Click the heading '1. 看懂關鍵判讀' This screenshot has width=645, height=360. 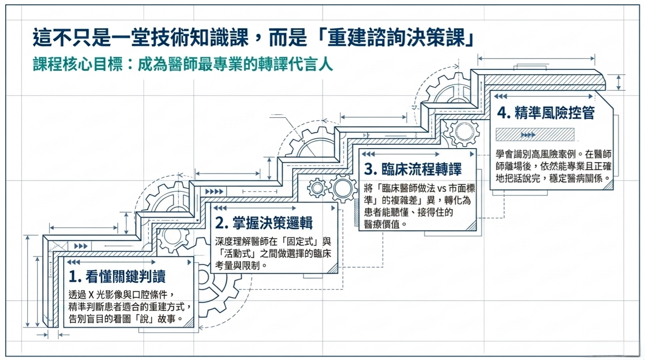click(x=117, y=277)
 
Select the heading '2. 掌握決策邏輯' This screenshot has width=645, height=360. click(x=264, y=223)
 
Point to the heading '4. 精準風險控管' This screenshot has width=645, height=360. click(x=546, y=113)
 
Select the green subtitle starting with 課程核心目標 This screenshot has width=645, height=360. click(x=183, y=64)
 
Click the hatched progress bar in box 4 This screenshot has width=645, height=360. click(x=535, y=135)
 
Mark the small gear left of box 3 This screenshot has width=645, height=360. click(x=317, y=188)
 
